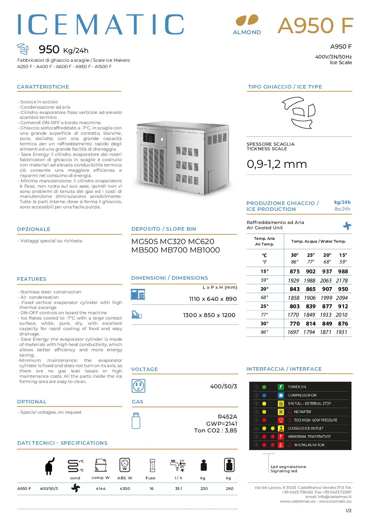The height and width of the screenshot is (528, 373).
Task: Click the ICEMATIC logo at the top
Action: point(101,25)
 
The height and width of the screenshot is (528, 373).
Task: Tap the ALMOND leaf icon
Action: point(247,20)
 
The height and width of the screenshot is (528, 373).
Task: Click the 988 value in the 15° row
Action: point(343,272)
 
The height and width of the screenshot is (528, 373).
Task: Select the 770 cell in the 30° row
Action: point(294,324)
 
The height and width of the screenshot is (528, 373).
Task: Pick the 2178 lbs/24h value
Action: point(342,281)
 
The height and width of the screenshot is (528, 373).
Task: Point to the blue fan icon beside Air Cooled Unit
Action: point(347,226)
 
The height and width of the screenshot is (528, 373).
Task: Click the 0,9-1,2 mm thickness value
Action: point(277,164)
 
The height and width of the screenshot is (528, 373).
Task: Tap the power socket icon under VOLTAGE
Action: point(138,386)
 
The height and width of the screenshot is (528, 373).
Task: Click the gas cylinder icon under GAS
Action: point(136,420)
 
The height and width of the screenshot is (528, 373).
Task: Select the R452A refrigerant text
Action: point(227,417)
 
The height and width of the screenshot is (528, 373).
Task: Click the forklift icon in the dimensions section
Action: point(136,315)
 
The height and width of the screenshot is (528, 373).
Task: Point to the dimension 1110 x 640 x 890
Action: point(213,299)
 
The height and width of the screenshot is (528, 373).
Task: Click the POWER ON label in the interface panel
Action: point(297,387)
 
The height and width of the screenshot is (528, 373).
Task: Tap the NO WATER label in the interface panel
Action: point(302,412)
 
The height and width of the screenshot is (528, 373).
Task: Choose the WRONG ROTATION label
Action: point(309,445)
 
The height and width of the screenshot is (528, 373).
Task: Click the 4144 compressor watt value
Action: point(100,489)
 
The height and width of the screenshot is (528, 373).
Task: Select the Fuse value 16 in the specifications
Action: point(152,489)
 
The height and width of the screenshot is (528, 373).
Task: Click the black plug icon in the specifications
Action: point(50,466)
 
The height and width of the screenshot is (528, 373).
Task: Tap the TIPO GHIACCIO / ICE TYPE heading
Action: point(285,87)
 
